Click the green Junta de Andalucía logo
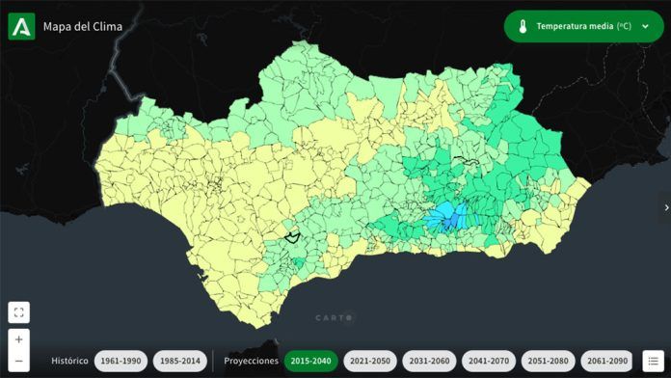[21, 27]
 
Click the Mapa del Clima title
[83, 27]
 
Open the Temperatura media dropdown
[582, 27]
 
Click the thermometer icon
[522, 27]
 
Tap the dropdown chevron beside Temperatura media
[645, 27]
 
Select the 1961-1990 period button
[121, 361]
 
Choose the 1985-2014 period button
[179, 361]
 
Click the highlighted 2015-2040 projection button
[310, 361]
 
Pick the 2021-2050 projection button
[369, 361]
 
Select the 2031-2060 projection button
[428, 361]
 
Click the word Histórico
[69, 361]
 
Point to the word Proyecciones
[251, 361]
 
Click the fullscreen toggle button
[18, 312]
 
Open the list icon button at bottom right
[653, 361]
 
